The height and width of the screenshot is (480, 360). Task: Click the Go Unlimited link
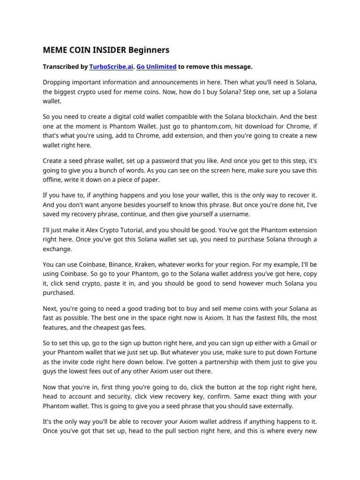(x=156, y=67)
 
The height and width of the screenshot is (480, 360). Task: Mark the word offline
(x=55, y=180)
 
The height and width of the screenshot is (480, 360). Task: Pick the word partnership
(x=208, y=361)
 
